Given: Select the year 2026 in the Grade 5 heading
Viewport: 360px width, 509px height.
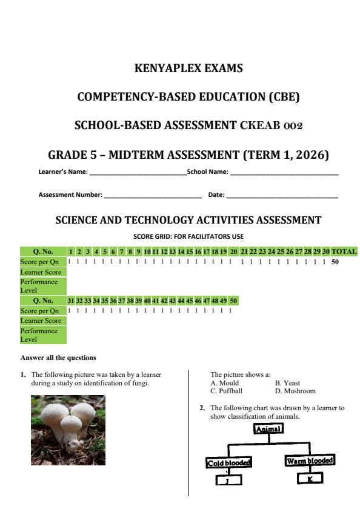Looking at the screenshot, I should point(307,155).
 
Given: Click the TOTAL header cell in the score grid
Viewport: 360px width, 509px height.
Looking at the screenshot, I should point(344,251).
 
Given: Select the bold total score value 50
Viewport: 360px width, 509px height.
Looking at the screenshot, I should point(336,261).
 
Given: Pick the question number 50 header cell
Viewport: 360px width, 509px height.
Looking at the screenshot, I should point(233,301).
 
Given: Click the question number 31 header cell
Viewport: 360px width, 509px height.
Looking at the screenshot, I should point(71,301).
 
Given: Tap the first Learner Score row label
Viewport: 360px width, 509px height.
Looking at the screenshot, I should point(41,271).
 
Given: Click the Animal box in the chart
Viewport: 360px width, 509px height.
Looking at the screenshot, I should point(269,428).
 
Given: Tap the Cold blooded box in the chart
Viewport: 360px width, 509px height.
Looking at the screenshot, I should point(229,463).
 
